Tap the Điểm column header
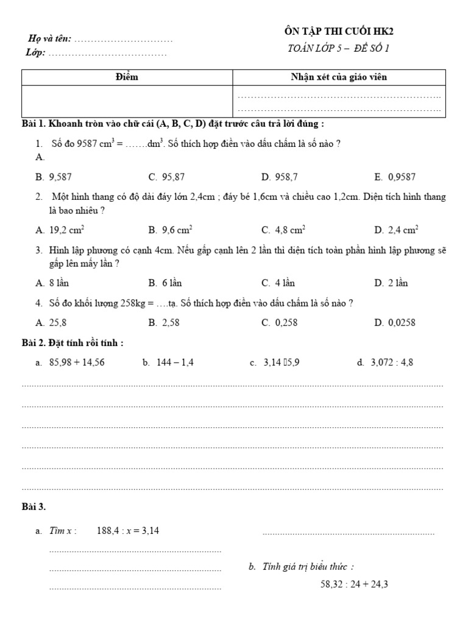(127, 77)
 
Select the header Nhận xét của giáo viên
(339, 77)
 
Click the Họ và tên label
(50, 39)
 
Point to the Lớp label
(36, 53)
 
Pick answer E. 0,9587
(395, 177)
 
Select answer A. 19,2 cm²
(60, 230)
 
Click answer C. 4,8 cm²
(283, 230)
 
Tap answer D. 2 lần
(391, 283)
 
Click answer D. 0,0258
(395, 323)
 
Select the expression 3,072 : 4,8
(392, 363)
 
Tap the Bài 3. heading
(34, 506)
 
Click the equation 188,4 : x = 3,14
(128, 531)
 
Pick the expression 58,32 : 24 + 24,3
(355, 584)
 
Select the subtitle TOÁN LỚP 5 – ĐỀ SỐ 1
(338, 49)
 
